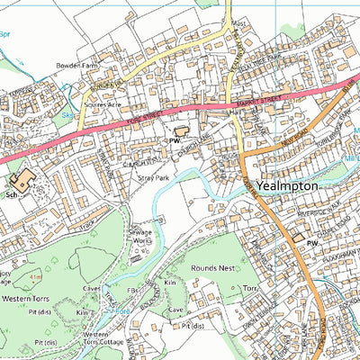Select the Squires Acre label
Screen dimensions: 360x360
tap(102, 104)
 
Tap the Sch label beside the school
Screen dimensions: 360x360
tap(12, 193)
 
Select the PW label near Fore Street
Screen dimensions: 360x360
tap(175, 141)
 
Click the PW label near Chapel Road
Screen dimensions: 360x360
tap(313, 243)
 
